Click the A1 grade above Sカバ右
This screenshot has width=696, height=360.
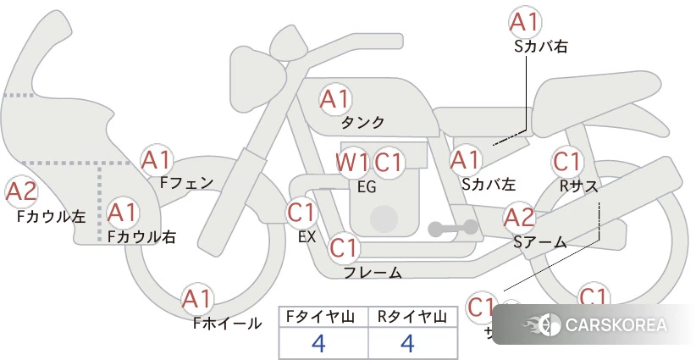[x=524, y=23]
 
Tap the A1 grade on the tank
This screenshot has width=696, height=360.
[x=334, y=99]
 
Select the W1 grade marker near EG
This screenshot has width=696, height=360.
[x=352, y=162]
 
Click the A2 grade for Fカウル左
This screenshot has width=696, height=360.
[x=21, y=193]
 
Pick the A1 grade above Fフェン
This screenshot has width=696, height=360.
[x=157, y=159]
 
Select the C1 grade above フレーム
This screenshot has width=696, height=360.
[x=343, y=249]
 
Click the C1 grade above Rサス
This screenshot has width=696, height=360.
[x=566, y=161]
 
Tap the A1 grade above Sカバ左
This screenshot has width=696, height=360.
[x=465, y=159]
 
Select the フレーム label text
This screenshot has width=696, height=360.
[x=372, y=273]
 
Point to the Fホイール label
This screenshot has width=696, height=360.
[x=227, y=323]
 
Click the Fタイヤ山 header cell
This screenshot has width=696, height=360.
[x=323, y=317]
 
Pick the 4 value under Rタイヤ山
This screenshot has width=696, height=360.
[x=408, y=343]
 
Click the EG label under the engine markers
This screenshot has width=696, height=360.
[x=367, y=186]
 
